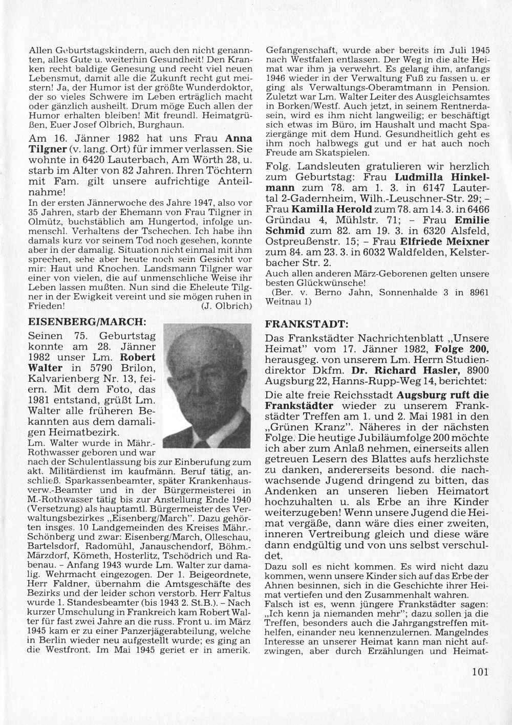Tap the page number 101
[482, 672]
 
